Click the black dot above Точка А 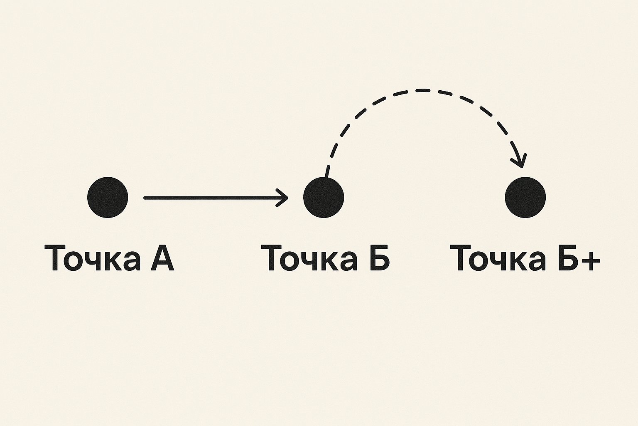108,197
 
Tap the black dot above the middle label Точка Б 324,197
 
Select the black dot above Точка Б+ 525,197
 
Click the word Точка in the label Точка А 91,258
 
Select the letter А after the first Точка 161,258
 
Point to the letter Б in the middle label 377,258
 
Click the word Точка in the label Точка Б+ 498,258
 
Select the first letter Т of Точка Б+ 461,258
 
